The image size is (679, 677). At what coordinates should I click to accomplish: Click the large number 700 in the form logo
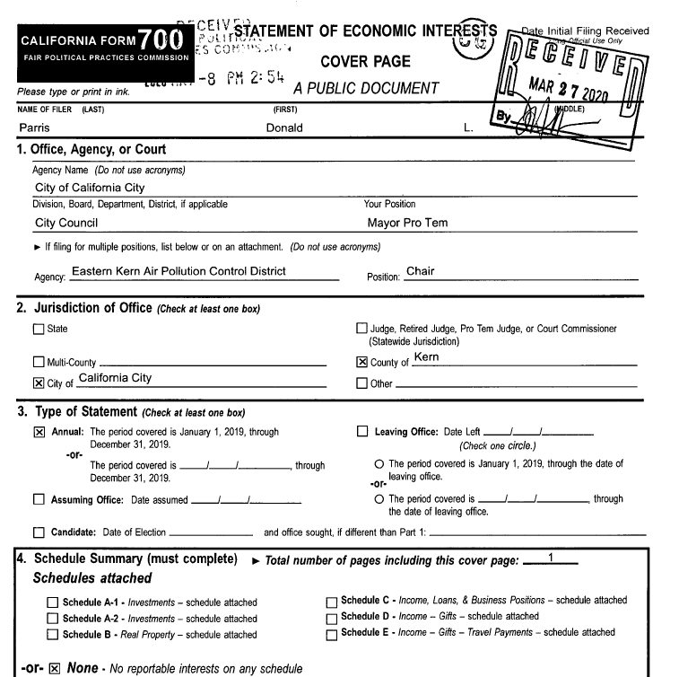162,40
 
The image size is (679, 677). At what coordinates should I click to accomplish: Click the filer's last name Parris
33,128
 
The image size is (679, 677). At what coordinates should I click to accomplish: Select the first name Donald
284,128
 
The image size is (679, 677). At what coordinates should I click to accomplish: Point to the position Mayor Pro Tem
408,223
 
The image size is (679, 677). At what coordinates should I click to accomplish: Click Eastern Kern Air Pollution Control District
178,271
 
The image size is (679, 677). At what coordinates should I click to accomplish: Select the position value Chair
421,271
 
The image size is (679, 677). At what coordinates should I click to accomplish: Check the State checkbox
38,329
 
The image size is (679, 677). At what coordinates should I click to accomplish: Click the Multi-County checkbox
38,363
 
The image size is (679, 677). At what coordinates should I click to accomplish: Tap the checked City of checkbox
38,383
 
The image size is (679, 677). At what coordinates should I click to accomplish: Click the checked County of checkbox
361,363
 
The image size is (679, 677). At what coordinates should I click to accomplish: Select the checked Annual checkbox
38,432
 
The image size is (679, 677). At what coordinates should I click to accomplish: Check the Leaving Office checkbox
361,432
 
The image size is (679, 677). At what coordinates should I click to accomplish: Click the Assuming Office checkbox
38,500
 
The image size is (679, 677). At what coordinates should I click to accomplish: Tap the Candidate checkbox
38,532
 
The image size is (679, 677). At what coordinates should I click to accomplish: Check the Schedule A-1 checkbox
53,602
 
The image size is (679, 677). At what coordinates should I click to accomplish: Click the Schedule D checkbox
332,618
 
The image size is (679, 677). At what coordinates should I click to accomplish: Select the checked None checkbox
54,668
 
